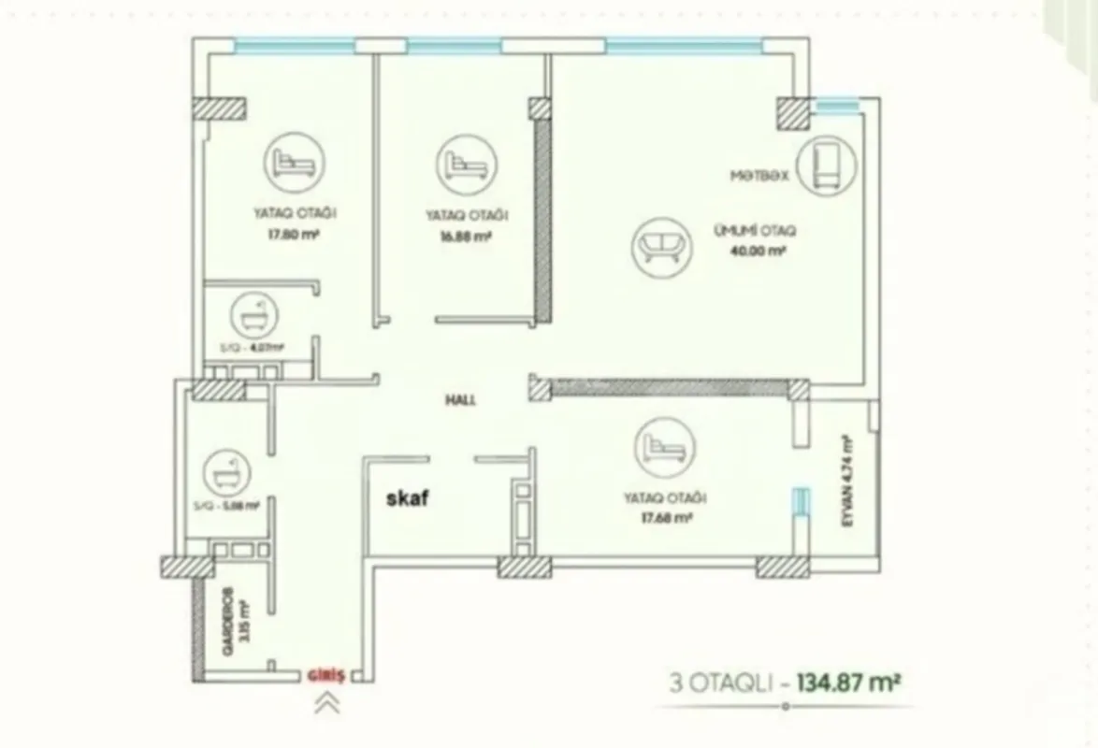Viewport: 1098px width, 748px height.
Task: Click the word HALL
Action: tap(461, 399)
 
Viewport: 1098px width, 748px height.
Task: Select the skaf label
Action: tap(408, 498)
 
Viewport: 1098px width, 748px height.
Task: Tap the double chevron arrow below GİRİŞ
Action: tap(327, 704)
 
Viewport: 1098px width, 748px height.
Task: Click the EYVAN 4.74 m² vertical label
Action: tap(846, 481)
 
